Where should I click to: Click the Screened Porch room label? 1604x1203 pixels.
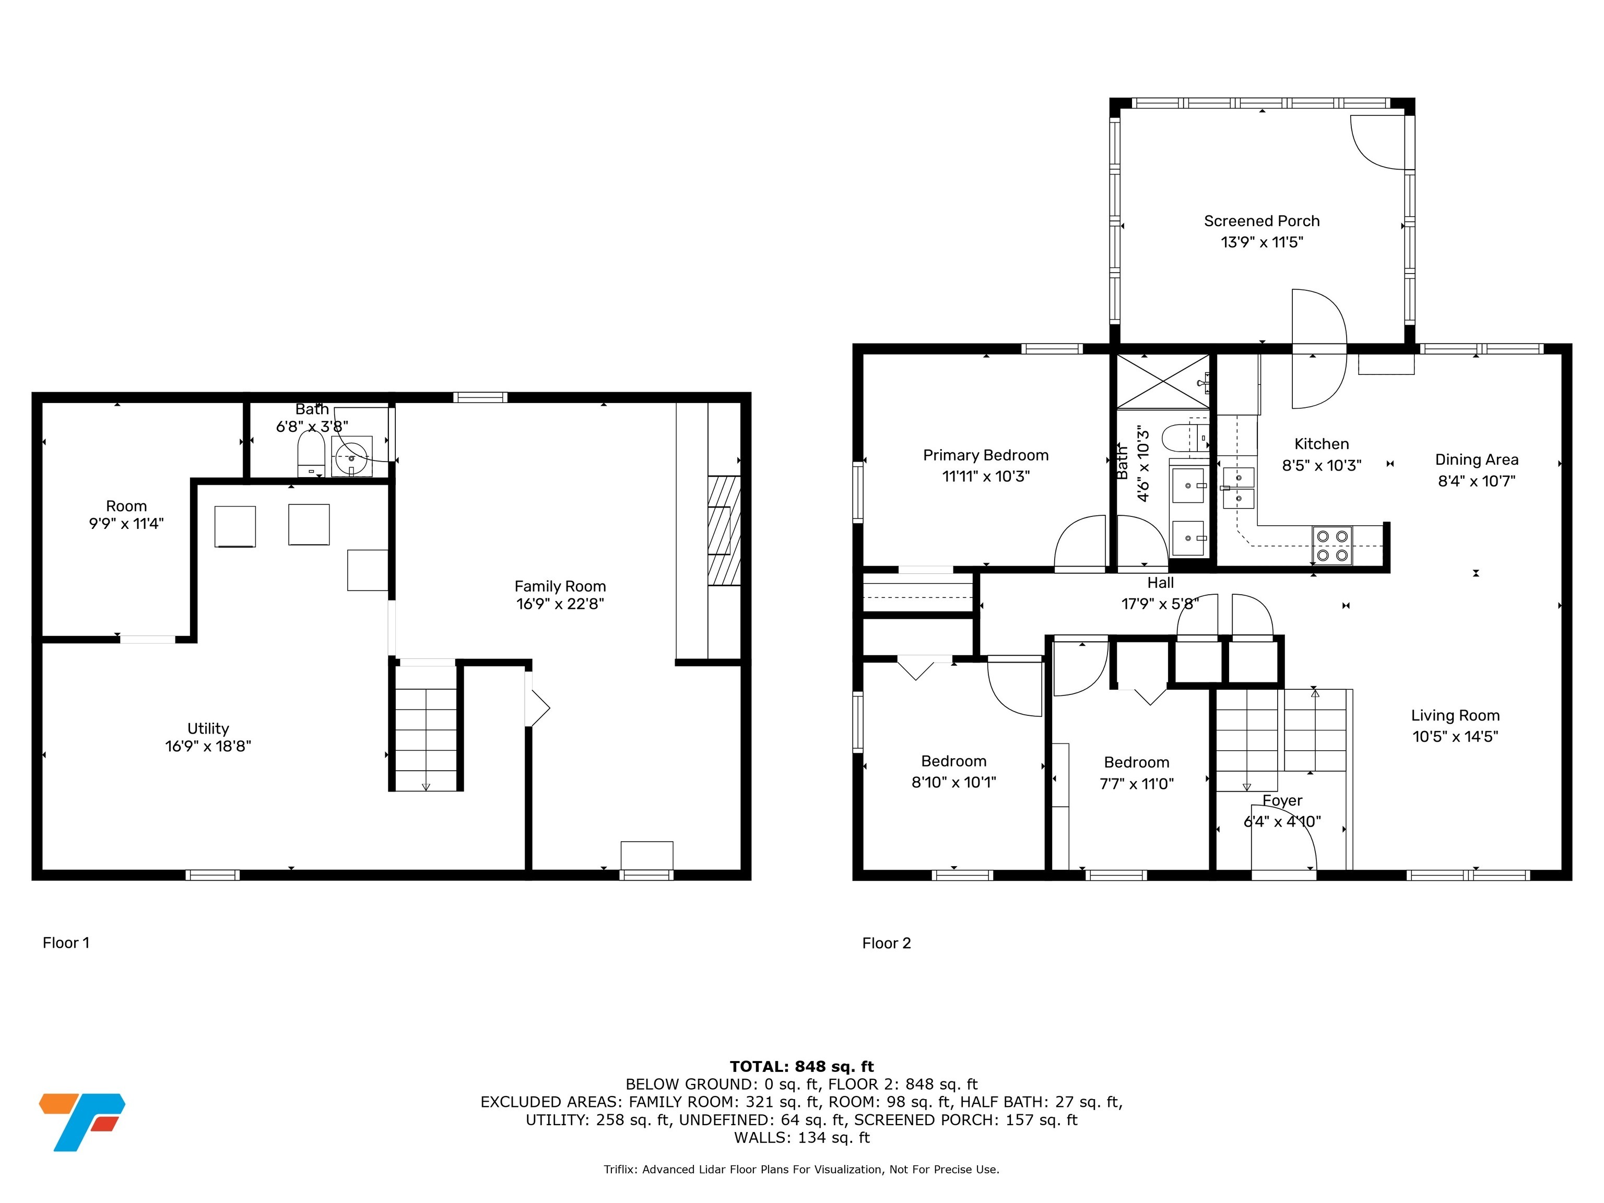tap(1261, 221)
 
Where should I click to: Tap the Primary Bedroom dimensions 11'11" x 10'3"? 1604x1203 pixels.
tap(985, 476)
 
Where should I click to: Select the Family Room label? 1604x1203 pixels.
tap(560, 586)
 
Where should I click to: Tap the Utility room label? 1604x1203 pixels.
tap(208, 728)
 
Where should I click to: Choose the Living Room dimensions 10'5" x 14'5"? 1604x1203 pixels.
tap(1455, 736)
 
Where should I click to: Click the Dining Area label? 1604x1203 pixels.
tap(1477, 459)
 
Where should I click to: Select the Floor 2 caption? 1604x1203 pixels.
tap(886, 942)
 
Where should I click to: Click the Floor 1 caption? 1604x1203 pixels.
tap(66, 942)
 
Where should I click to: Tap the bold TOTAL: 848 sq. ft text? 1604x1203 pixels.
tap(801, 1067)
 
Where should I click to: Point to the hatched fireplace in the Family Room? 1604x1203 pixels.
tap(724, 530)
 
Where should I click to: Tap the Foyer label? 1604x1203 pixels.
tap(1282, 800)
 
